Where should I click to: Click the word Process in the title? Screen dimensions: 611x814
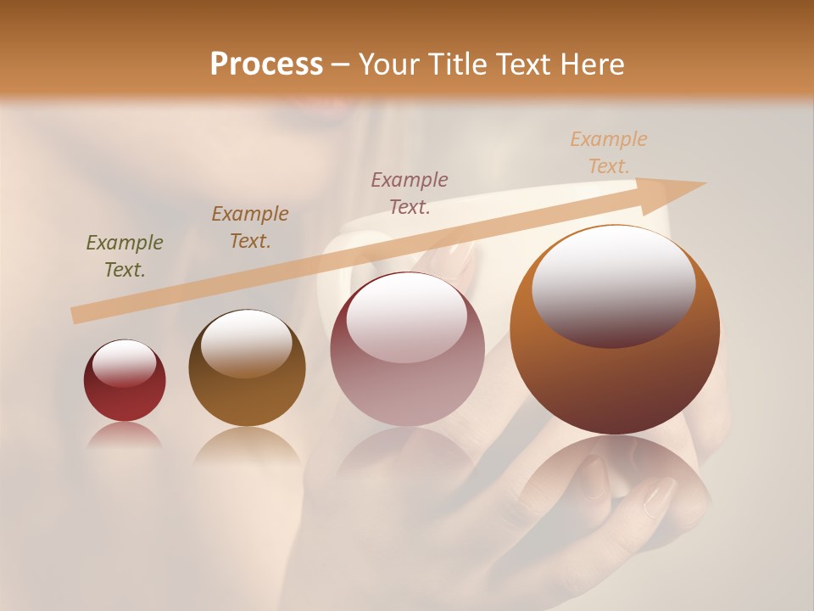click(266, 64)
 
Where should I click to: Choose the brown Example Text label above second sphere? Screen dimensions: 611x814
click(250, 227)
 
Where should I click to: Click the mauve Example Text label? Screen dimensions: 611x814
click(410, 193)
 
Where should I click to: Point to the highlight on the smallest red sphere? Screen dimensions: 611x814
click(125, 363)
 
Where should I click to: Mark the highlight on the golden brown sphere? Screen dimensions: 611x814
click(246, 341)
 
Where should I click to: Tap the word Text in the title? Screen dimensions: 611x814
click(523, 64)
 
